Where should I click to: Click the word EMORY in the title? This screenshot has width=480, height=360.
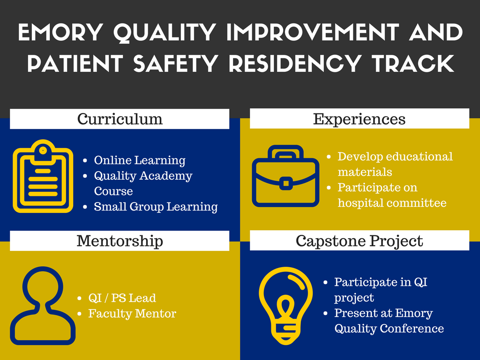[x=60, y=32]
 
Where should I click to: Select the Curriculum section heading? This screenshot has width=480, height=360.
[x=120, y=119]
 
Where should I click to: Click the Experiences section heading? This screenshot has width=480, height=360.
[x=359, y=120]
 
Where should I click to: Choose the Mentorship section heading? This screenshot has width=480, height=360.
[x=120, y=241]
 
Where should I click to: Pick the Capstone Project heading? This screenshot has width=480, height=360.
[x=360, y=241]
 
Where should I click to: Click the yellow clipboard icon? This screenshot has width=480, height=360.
[x=43, y=176]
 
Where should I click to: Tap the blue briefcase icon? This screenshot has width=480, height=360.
[x=285, y=176]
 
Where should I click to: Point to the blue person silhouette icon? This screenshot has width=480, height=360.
[x=43, y=306]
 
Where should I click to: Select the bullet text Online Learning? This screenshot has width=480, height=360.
[x=140, y=160]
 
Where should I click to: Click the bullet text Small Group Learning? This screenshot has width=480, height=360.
[x=156, y=207]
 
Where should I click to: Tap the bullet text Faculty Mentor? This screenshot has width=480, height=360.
[x=132, y=314]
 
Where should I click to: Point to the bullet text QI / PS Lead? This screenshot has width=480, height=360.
[x=122, y=298]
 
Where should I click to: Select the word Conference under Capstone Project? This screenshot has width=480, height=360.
[x=412, y=329]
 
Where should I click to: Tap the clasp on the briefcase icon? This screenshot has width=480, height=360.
[x=286, y=183]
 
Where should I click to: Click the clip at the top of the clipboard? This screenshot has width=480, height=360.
[x=43, y=150]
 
